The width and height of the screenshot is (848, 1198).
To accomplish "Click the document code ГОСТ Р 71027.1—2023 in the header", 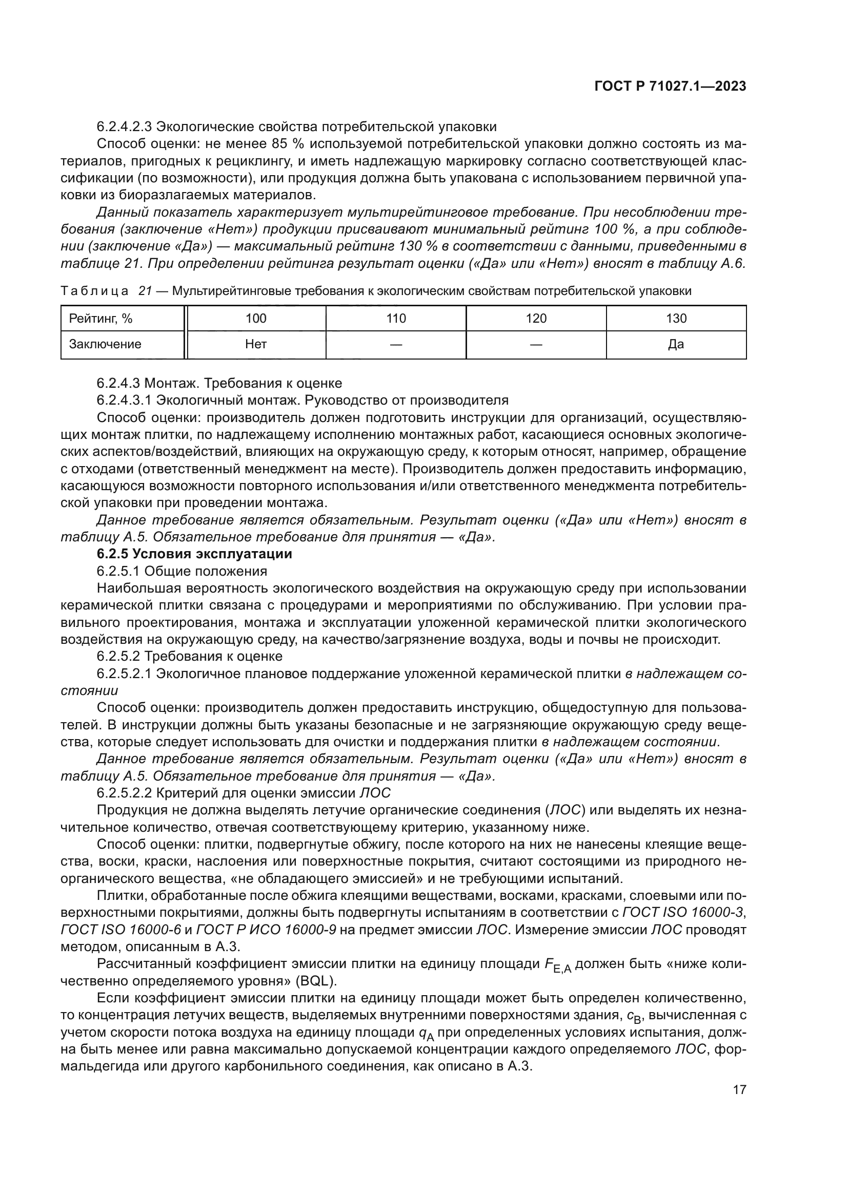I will pos(670,87).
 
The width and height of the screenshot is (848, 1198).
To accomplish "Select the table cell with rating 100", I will pos(256,318).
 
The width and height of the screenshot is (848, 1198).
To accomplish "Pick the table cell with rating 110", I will pos(396,318).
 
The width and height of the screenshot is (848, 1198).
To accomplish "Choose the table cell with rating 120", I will pos(536,318).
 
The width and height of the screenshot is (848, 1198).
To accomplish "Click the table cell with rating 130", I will pos(676,318).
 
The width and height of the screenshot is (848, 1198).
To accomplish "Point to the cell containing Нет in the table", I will pos(256,344).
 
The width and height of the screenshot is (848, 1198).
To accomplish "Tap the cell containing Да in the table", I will pos(676,344).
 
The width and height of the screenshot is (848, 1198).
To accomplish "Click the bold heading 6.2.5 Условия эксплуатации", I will pos(194,554).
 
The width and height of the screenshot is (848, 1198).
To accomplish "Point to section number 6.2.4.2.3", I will pos(124,127).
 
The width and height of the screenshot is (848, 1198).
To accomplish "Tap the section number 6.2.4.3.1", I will pos(124,400).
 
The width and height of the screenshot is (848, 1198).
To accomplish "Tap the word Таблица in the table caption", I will pos(94,291).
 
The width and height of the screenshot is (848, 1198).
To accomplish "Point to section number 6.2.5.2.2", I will pos(124,793).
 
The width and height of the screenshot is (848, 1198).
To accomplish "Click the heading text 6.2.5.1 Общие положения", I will pos(181,572).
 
